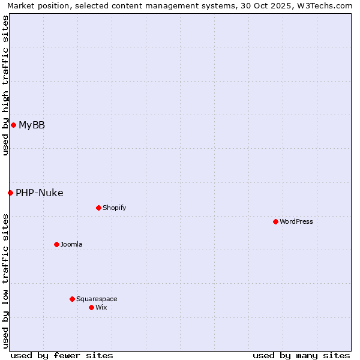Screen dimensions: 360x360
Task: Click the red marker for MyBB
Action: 13,125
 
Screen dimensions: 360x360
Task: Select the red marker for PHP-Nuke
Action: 10,193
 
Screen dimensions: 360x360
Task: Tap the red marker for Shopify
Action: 98,208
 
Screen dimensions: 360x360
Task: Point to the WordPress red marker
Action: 275,221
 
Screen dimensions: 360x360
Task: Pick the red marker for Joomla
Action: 56,244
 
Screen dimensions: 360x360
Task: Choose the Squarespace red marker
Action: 72,299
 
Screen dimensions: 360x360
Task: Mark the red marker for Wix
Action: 91,307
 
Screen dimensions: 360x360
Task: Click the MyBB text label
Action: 32,125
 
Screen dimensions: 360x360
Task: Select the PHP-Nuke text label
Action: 40,193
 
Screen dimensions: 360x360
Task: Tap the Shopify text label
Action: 114,208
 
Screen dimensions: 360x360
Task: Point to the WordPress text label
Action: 296,221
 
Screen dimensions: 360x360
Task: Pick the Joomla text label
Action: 71,244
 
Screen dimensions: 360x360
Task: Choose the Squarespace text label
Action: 97,299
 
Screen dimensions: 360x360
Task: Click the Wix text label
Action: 101,307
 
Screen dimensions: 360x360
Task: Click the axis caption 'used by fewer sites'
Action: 62,355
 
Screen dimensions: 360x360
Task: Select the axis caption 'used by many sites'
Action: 301,355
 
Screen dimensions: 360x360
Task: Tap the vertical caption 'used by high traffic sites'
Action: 5,86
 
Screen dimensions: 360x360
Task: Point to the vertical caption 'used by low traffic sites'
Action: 5,280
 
